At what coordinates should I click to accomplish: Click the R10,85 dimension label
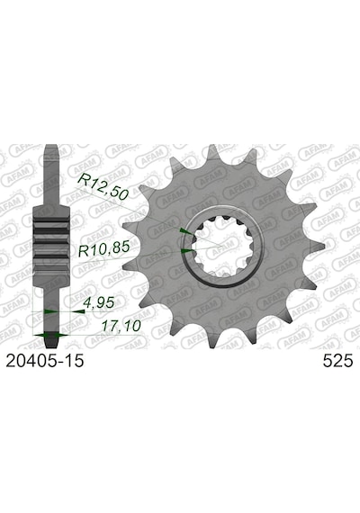coord(103,249)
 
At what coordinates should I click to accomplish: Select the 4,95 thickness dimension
coord(98,302)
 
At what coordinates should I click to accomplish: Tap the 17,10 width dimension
coord(121,326)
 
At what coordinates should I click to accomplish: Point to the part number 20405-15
coord(45,361)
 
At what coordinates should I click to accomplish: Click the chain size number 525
coord(337,361)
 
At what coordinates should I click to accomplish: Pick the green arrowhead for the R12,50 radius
coord(186,231)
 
